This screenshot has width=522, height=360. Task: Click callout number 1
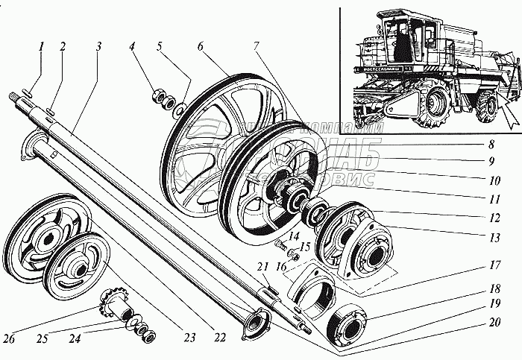[x=43, y=46]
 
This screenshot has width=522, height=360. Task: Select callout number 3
[x=98, y=46]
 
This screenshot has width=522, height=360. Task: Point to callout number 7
[x=255, y=46]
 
